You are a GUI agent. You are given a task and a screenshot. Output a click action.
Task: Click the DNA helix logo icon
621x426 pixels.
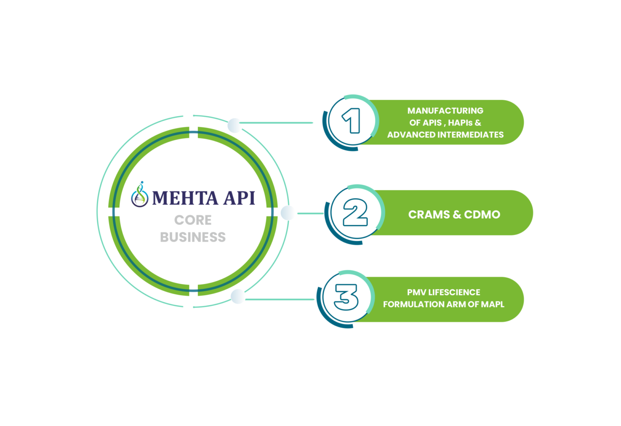point(140,194)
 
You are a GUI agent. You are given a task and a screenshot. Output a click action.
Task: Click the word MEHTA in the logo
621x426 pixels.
point(185,198)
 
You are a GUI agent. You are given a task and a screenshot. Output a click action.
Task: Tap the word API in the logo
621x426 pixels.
point(239,198)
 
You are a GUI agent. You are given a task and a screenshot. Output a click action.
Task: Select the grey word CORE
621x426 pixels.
point(193,220)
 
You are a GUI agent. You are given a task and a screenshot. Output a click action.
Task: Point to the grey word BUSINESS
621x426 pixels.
point(193,237)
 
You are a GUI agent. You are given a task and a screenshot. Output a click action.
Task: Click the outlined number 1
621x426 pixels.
point(351,121)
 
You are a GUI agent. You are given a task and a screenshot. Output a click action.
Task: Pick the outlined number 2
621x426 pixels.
point(355,212)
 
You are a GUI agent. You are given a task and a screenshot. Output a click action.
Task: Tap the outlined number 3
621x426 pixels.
point(346,297)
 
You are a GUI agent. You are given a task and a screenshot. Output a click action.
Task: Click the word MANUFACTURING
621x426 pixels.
point(445,111)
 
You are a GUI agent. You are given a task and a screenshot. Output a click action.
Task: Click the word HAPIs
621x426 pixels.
point(460,123)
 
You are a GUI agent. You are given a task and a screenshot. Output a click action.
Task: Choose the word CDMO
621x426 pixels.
point(482,215)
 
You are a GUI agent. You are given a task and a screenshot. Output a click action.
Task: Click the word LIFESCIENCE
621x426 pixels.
point(455,292)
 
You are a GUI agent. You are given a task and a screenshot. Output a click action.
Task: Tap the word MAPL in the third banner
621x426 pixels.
point(492,304)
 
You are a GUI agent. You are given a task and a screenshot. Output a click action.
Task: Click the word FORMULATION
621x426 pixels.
point(409,304)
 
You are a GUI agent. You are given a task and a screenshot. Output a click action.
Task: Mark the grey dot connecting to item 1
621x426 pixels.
point(234,126)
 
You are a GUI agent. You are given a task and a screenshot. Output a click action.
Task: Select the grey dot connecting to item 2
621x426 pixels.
point(288,213)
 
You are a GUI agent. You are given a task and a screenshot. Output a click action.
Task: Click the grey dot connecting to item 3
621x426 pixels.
point(238,297)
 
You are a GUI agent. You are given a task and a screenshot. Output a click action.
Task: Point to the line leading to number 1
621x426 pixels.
point(276,123)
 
